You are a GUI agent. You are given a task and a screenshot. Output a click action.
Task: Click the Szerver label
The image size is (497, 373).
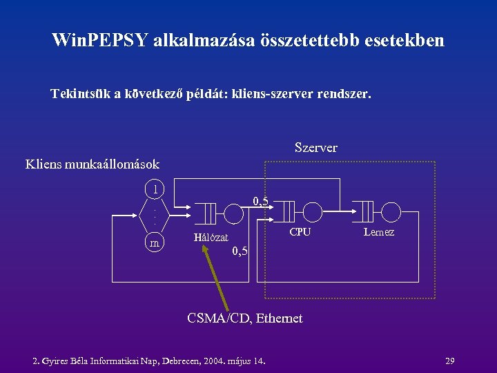pyautogui.click(x=315, y=148)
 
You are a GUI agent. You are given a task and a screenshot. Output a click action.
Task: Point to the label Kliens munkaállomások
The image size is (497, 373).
pyautogui.click(x=92, y=164)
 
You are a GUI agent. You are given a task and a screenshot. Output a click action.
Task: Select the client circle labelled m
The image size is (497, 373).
pyautogui.click(x=155, y=242)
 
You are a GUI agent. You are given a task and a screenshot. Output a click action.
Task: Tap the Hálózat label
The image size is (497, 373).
pyautogui.click(x=211, y=238)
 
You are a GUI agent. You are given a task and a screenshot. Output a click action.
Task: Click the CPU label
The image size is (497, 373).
pyautogui.click(x=300, y=232)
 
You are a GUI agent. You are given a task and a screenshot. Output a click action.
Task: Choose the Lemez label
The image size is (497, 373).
pyautogui.click(x=379, y=232)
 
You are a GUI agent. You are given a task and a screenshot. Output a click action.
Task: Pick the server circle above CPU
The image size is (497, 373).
pyautogui.click(x=313, y=211)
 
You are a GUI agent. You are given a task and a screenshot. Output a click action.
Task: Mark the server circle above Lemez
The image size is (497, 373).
pyautogui.click(x=391, y=211)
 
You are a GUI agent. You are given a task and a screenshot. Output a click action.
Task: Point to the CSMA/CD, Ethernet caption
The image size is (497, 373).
pyautogui.click(x=245, y=318)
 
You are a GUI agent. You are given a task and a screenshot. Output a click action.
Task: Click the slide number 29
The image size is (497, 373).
pyautogui.click(x=449, y=361)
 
